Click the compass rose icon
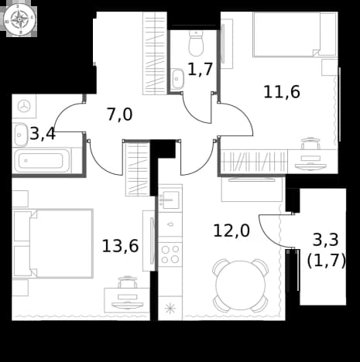pyautogui.click(x=20, y=20)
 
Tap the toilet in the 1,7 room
pyautogui.click(x=196, y=43)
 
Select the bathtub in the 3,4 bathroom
pyautogui.click(x=42, y=161)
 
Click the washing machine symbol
pyautogui.click(x=24, y=106)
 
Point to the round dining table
pyautogui.click(x=241, y=285)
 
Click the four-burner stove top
pyautogui.click(x=170, y=254)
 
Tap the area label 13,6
pyautogui.click(x=120, y=246)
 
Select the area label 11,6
pyautogui.click(x=282, y=92)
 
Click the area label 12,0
pyautogui.click(x=231, y=231)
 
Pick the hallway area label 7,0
pyautogui.click(x=120, y=114)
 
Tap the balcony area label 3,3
pyautogui.click(x=325, y=240)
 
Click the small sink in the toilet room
pyautogui.click(x=177, y=78)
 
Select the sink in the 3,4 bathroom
pyautogui.click(x=21, y=135)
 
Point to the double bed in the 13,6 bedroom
pyautogui.click(x=53, y=244)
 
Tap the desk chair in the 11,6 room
pyautogui.click(x=310, y=143)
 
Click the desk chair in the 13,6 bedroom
pyautogui.click(x=128, y=282)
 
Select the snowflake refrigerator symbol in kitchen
pyautogui.click(x=170, y=309)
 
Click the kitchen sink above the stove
pyautogui.click(x=169, y=200)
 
